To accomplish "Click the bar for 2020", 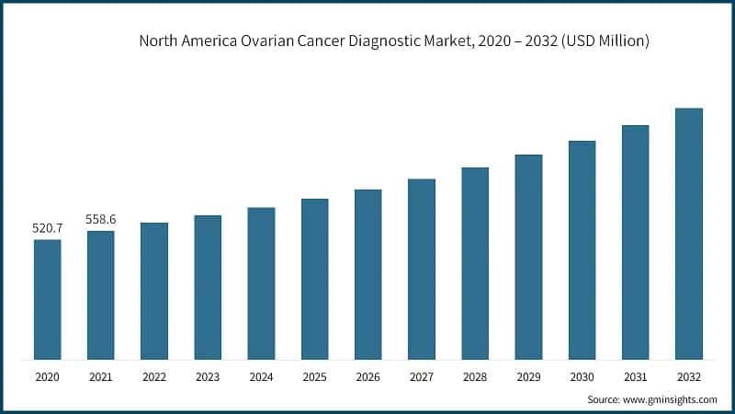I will pos(48,299).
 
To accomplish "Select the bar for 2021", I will pos(101,294).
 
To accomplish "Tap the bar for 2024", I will pos(261,282).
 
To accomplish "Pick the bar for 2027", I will pos(422,269).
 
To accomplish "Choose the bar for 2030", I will pos(582,249).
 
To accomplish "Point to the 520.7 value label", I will pos(48,227).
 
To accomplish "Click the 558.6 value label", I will pos(101,219).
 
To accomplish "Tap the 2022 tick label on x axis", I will pos(154,377).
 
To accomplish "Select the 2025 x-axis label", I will pos(314,377).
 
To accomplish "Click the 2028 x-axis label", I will pos(475,377).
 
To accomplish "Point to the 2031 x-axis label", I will pos(635,377).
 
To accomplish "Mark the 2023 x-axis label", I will pos(208,377).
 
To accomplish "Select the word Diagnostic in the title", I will pos(400,41).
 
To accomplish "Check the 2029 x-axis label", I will pos(528,377).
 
